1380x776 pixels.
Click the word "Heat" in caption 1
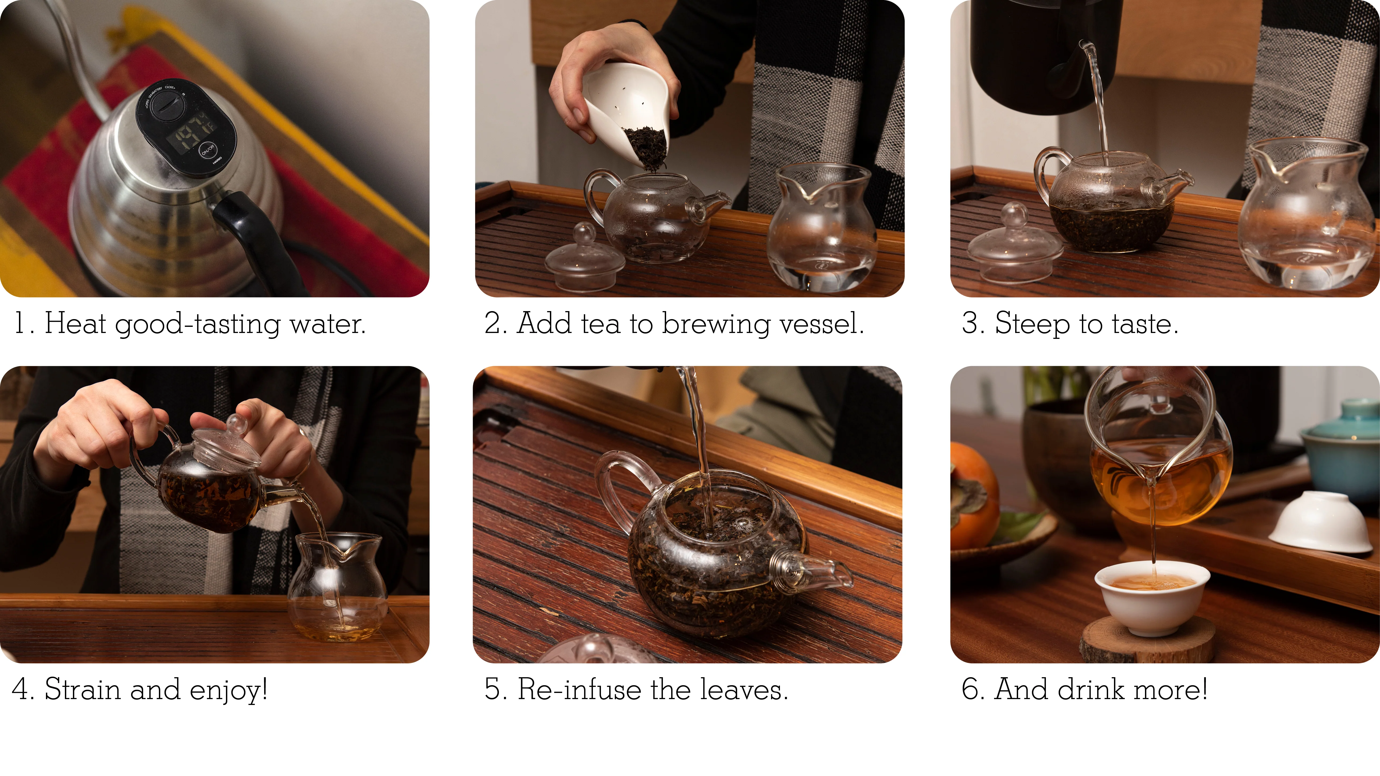[x=75, y=323]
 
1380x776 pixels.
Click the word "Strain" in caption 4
[x=83, y=689]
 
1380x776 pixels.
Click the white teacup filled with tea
[x=1152, y=597]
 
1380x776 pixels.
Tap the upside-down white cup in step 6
[x=1320, y=522]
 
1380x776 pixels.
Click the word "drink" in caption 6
[x=1090, y=689]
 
